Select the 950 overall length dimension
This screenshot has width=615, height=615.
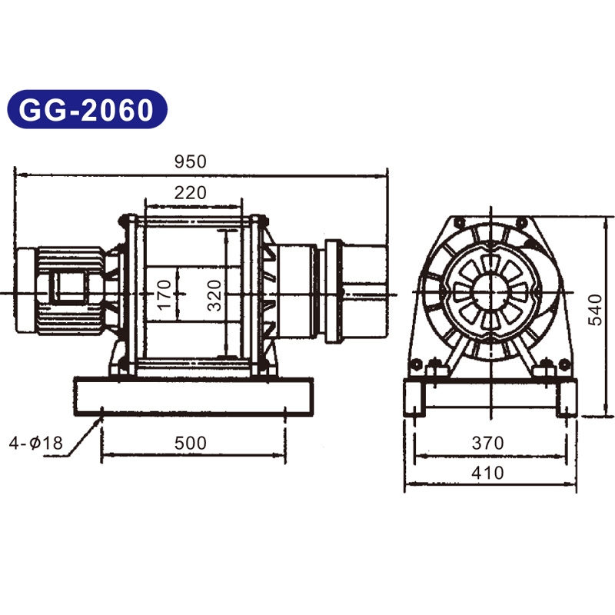click(190, 161)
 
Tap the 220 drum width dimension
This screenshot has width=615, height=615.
click(190, 193)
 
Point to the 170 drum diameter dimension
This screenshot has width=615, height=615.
click(164, 294)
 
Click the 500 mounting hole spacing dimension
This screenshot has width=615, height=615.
click(191, 444)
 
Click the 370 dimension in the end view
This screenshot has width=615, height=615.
click(488, 444)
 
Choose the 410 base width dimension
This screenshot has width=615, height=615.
click(488, 473)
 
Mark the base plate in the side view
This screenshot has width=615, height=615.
click(192, 397)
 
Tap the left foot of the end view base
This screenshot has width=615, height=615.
click(414, 399)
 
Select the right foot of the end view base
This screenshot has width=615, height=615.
click(565, 399)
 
